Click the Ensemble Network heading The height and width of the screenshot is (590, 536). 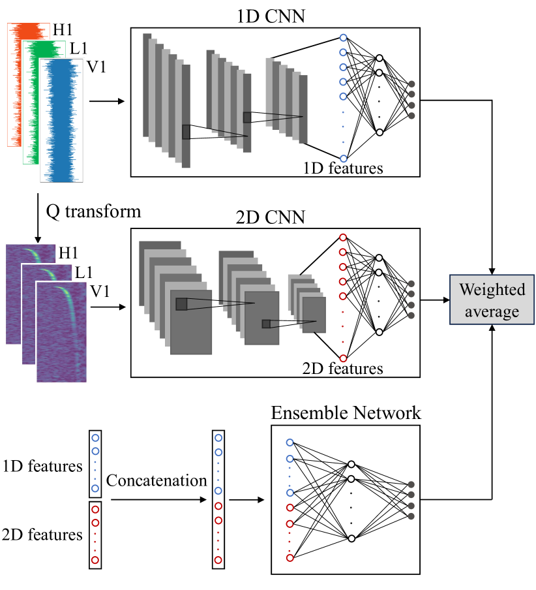coord(346,413)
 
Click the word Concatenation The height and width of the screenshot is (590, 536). coord(156,481)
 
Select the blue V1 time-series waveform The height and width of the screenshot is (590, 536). coord(63,121)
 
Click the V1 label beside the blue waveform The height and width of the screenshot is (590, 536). coord(98,66)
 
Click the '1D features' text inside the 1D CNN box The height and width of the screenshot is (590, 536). coord(343,168)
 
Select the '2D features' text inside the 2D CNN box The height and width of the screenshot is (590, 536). coord(343,369)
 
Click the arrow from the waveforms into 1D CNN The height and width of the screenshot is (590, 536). coord(106,101)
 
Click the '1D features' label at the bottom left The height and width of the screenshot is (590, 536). coord(43,466)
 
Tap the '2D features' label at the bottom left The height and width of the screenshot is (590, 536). coord(43,535)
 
